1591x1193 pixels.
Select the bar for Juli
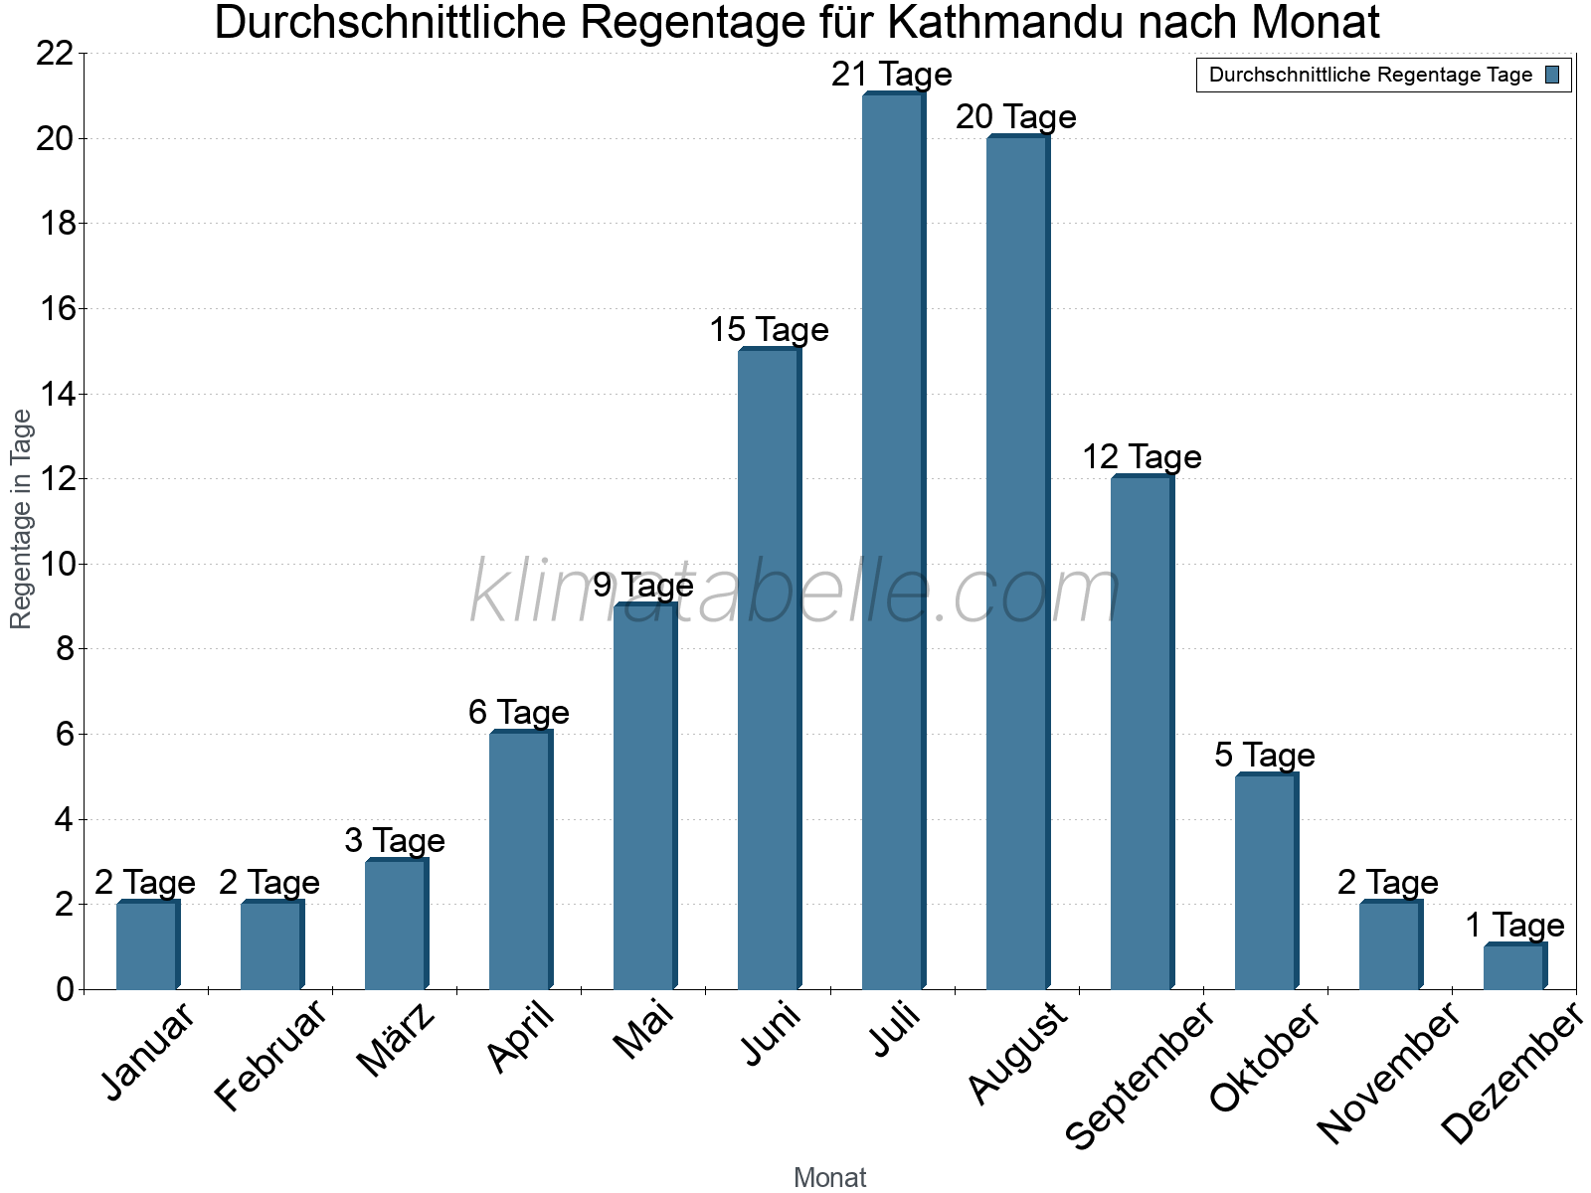click(x=893, y=542)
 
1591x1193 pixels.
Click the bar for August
click(x=1017, y=563)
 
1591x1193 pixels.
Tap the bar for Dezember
click(x=1514, y=967)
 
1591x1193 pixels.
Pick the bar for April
click(x=520, y=861)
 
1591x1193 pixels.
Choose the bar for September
click(x=1142, y=733)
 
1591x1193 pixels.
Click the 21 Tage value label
click(x=892, y=75)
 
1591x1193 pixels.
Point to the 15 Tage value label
click(x=769, y=330)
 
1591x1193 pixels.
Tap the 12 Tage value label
click(x=1142, y=457)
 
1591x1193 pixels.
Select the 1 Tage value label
click(x=1514, y=926)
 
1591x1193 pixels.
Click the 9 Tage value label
click(x=643, y=586)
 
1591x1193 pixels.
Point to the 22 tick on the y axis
click(x=55, y=54)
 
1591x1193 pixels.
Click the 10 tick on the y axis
click(x=55, y=565)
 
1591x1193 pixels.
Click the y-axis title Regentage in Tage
click(x=21, y=520)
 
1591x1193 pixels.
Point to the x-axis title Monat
click(x=830, y=1178)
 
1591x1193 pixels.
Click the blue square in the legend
click(x=1552, y=75)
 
